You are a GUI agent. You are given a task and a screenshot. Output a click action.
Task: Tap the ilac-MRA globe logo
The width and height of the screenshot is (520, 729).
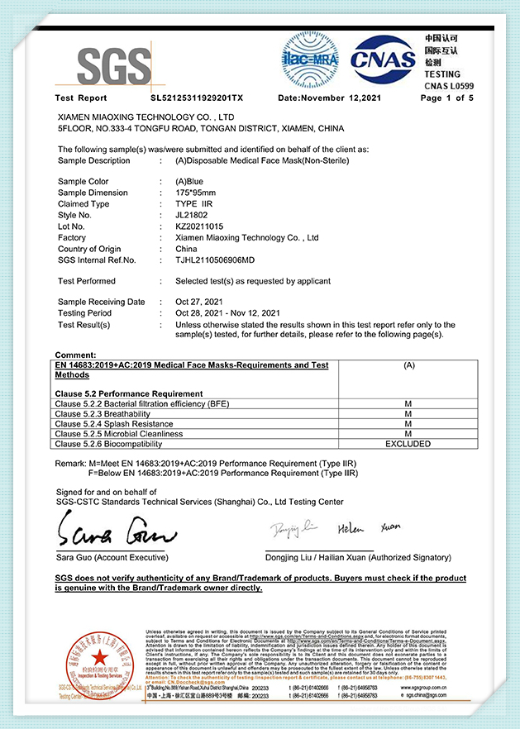click(310, 56)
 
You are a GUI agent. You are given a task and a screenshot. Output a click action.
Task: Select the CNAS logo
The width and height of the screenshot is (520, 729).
click(382, 58)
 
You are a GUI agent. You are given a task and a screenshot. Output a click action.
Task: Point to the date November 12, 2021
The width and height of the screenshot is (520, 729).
click(328, 98)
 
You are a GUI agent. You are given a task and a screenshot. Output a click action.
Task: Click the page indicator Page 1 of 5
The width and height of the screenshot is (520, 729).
click(447, 98)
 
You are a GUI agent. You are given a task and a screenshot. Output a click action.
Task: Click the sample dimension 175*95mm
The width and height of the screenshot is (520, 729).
click(196, 193)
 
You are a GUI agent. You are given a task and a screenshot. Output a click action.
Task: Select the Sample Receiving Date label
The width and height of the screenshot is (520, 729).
click(102, 302)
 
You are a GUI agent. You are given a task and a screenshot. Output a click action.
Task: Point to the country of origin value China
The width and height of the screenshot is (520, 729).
click(186, 249)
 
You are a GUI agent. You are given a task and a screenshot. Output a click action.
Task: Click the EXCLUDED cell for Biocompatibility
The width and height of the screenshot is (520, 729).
click(408, 444)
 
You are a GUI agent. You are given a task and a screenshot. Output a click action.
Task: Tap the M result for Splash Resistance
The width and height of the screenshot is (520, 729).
click(408, 423)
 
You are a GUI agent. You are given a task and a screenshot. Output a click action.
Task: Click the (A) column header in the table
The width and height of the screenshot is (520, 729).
click(408, 365)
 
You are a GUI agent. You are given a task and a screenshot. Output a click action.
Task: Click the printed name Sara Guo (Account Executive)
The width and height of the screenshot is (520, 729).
click(112, 558)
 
